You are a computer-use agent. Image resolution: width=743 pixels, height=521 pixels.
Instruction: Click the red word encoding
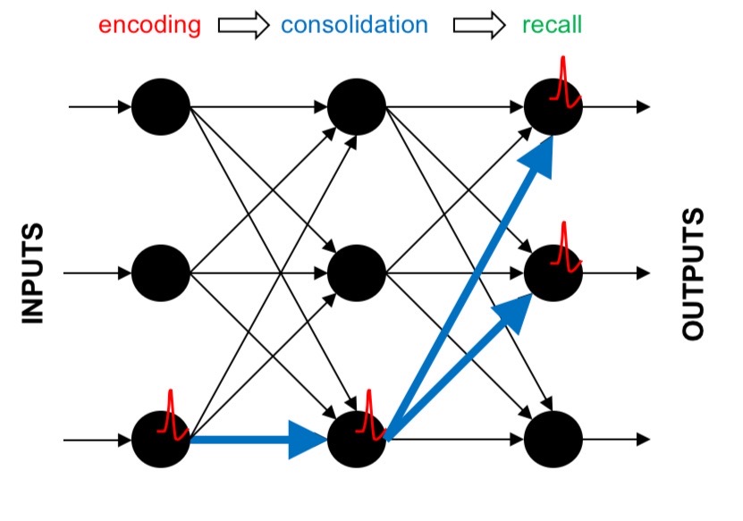(x=149, y=24)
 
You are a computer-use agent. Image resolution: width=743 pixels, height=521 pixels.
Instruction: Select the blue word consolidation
(x=354, y=24)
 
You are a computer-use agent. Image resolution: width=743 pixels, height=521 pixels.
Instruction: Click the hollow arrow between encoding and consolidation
(x=243, y=26)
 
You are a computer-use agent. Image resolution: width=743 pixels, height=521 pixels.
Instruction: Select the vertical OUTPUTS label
(x=694, y=273)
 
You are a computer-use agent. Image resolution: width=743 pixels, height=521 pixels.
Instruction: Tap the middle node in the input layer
(x=161, y=273)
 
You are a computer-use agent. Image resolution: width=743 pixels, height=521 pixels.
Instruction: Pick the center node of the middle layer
(x=357, y=273)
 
